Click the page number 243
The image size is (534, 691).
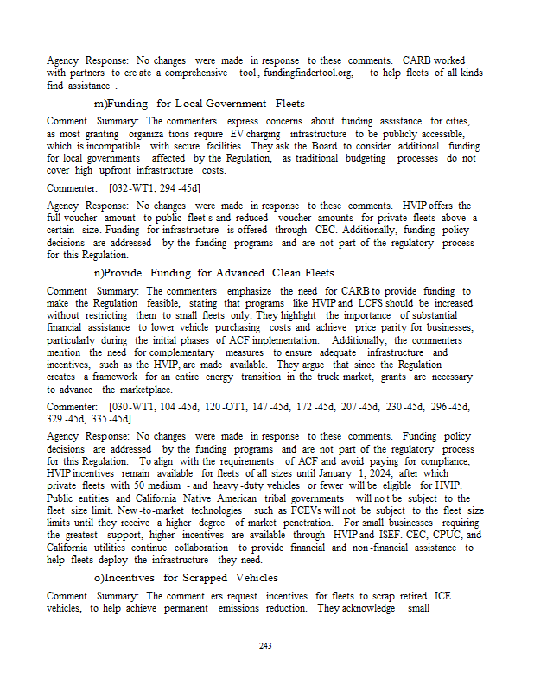(x=266, y=645)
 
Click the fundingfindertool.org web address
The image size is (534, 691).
(x=308, y=73)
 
